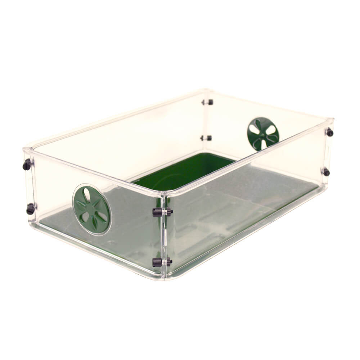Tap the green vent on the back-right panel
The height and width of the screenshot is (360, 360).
coord(263,133)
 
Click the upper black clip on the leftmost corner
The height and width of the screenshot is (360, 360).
coord(27,165)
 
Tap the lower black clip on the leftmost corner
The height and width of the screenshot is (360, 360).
coord(31,209)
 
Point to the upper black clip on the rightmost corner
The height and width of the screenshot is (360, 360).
coord(329,132)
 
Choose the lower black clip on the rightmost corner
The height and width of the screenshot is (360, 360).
coord(326,172)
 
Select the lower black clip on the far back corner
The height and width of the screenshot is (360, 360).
coord(207,138)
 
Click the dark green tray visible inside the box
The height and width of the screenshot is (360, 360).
coord(184,173)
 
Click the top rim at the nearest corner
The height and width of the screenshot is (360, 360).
coord(164,194)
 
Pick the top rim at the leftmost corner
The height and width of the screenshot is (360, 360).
coord(27,149)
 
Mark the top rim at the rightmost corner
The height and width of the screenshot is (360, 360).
coord(330,119)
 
